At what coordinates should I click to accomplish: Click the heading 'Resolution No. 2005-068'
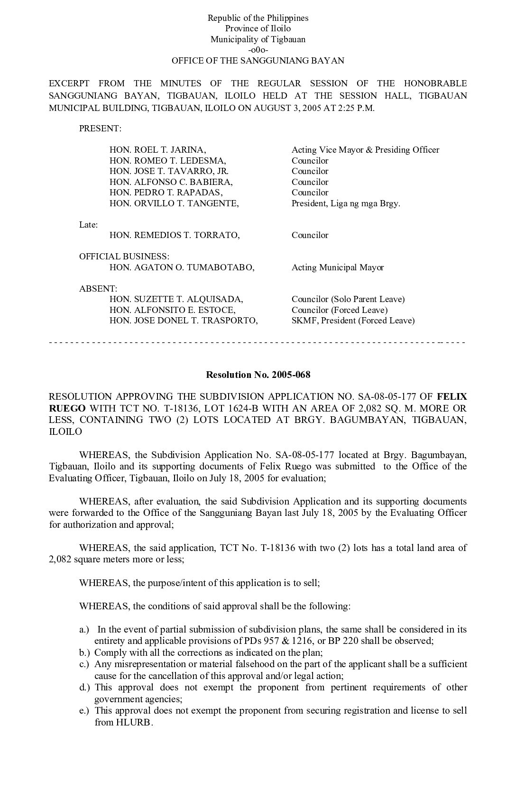258,375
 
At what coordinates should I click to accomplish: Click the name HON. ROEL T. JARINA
157,150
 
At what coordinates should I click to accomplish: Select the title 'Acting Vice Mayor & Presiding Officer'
365,150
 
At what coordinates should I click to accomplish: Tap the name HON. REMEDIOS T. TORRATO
175,235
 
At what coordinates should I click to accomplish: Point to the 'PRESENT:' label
100,128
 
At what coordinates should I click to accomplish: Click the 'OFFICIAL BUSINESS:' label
124,257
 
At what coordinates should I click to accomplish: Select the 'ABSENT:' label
98,288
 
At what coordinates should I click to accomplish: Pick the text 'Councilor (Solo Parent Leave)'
348,299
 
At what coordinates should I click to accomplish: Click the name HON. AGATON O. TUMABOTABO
182,267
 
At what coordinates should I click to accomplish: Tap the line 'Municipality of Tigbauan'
258,39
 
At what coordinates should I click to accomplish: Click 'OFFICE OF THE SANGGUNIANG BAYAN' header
258,61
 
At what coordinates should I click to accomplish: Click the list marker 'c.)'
85,664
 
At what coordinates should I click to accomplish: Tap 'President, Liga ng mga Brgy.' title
346,203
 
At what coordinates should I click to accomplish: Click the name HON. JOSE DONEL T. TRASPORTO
184,321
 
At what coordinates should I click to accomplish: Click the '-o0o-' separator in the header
258,50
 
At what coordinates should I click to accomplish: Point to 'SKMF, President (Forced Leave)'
353,321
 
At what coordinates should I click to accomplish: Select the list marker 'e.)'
85,711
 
